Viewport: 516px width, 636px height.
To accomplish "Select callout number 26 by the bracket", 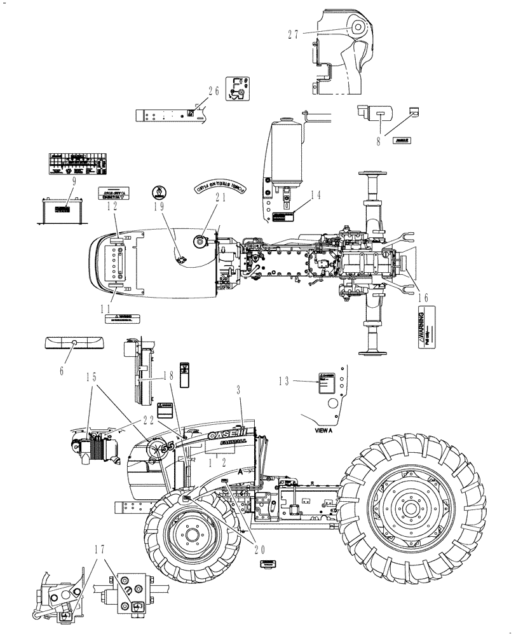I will pos(213,91).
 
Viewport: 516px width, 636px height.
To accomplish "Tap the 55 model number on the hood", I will pos(167,447).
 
